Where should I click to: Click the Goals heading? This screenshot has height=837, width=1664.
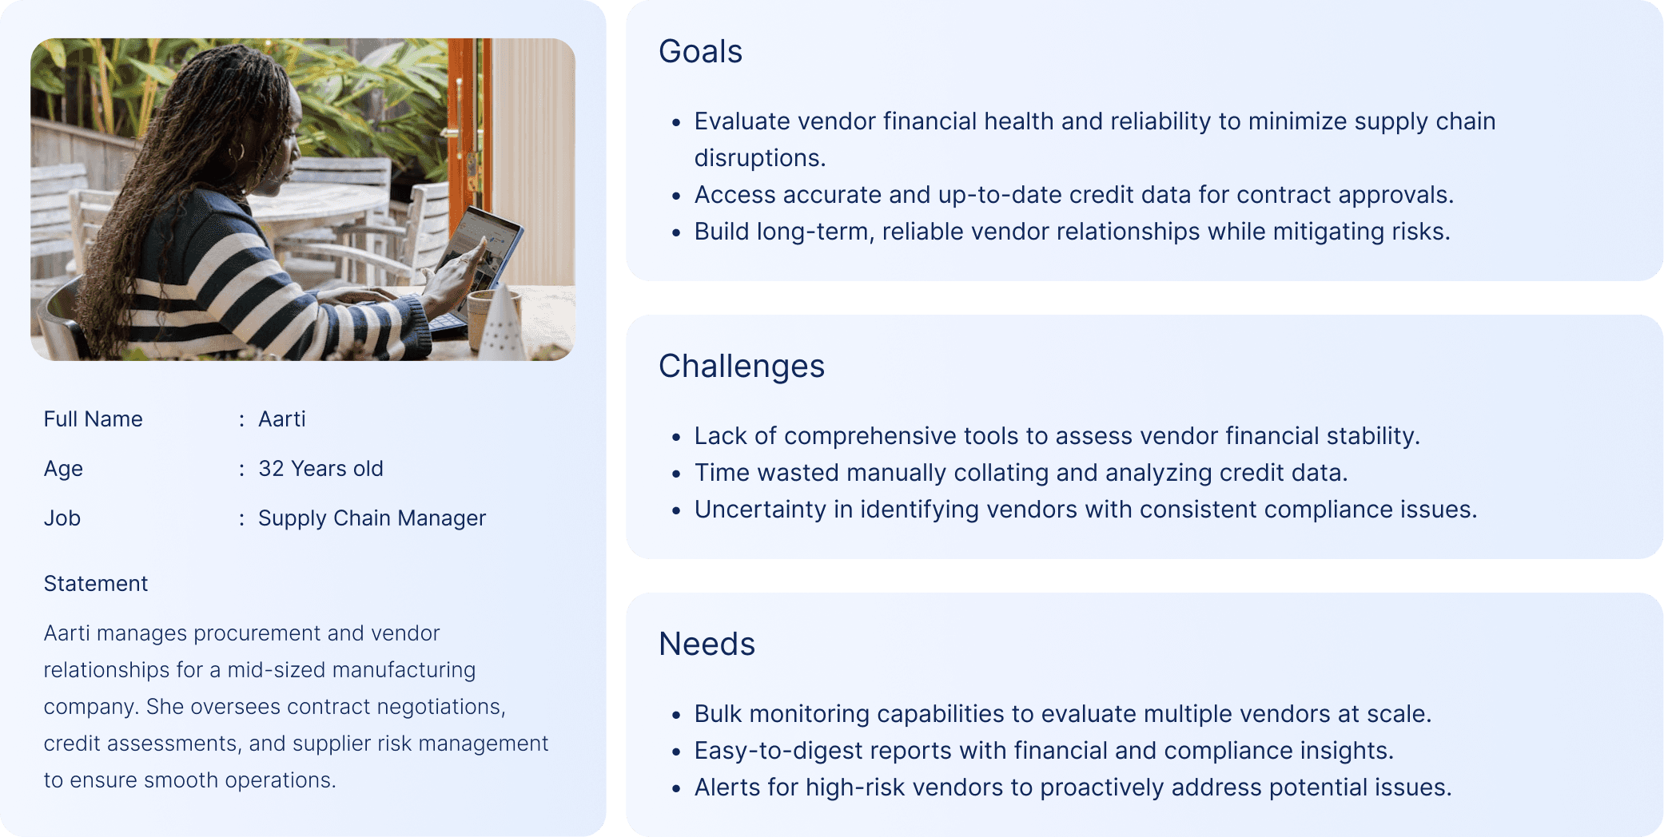[700, 52]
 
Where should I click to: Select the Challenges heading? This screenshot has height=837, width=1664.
[741, 367]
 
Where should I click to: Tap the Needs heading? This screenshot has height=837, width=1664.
[707, 644]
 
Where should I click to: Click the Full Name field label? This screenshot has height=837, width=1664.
[93, 419]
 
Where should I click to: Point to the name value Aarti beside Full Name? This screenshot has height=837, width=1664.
[281, 419]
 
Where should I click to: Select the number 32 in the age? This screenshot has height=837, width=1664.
[271, 469]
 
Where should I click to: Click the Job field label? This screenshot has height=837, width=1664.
[62, 518]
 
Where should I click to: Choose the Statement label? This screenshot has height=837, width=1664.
[96, 584]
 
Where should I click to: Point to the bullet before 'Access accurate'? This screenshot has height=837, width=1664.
[676, 196]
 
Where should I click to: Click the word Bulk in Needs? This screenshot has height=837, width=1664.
[718, 714]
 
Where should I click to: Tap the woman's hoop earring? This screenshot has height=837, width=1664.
[237, 152]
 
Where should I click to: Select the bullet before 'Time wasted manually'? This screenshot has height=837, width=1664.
[676, 474]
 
